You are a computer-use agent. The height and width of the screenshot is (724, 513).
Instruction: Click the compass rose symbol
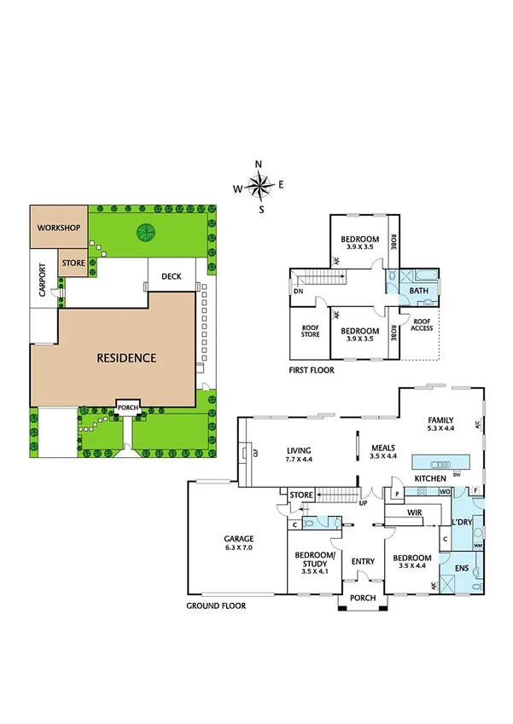point(260,184)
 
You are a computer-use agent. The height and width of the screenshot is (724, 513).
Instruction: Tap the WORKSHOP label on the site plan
point(59,229)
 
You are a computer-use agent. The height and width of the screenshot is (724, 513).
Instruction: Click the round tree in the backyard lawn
point(146,230)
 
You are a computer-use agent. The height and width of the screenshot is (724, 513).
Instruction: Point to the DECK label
point(172,276)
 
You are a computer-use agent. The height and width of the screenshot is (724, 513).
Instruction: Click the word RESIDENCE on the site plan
point(125,358)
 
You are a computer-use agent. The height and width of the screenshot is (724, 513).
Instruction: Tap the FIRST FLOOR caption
point(311,371)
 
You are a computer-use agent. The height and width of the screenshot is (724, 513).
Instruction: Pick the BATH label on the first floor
point(418,291)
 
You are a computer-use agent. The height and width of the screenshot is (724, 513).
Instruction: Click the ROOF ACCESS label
point(422,324)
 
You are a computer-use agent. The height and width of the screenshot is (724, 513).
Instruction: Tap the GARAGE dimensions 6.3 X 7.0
point(239,548)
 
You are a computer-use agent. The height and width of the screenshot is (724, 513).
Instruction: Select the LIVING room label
point(299,451)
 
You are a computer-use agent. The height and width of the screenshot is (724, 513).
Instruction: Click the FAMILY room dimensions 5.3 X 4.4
point(442,428)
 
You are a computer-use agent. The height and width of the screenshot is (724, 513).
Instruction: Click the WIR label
point(416,513)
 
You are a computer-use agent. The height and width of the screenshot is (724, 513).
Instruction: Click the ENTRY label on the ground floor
point(363,560)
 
